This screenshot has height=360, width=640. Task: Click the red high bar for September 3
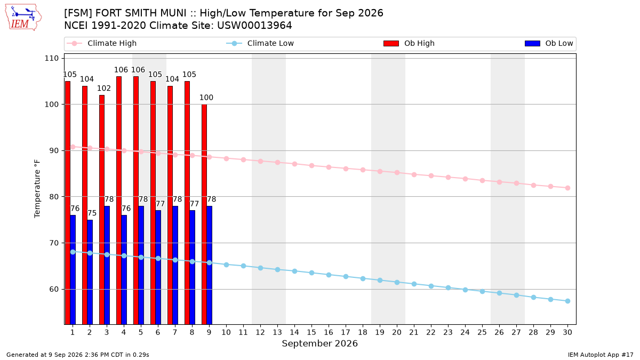102,210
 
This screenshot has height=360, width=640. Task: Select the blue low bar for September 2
90,272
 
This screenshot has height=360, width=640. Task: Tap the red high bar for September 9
204,214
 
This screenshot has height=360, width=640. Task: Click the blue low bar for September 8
193,267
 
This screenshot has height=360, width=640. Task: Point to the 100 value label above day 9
206,98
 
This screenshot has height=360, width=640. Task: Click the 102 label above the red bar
103,89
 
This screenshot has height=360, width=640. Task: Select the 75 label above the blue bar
92,213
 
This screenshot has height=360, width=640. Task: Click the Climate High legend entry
102,43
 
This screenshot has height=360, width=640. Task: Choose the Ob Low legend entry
549,43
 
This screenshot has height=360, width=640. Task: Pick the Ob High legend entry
409,43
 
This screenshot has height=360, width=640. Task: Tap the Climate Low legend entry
260,43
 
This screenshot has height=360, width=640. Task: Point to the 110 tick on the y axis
51,58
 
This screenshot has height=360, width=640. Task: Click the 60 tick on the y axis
54,289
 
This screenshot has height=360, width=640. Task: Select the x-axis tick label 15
311,332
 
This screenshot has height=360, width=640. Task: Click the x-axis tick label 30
567,332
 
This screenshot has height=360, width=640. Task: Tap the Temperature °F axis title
37,189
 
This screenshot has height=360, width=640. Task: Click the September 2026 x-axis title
319,343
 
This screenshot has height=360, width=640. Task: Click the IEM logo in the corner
23,18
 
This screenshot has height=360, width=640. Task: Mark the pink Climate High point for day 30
567,188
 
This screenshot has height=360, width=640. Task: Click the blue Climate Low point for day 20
397,282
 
